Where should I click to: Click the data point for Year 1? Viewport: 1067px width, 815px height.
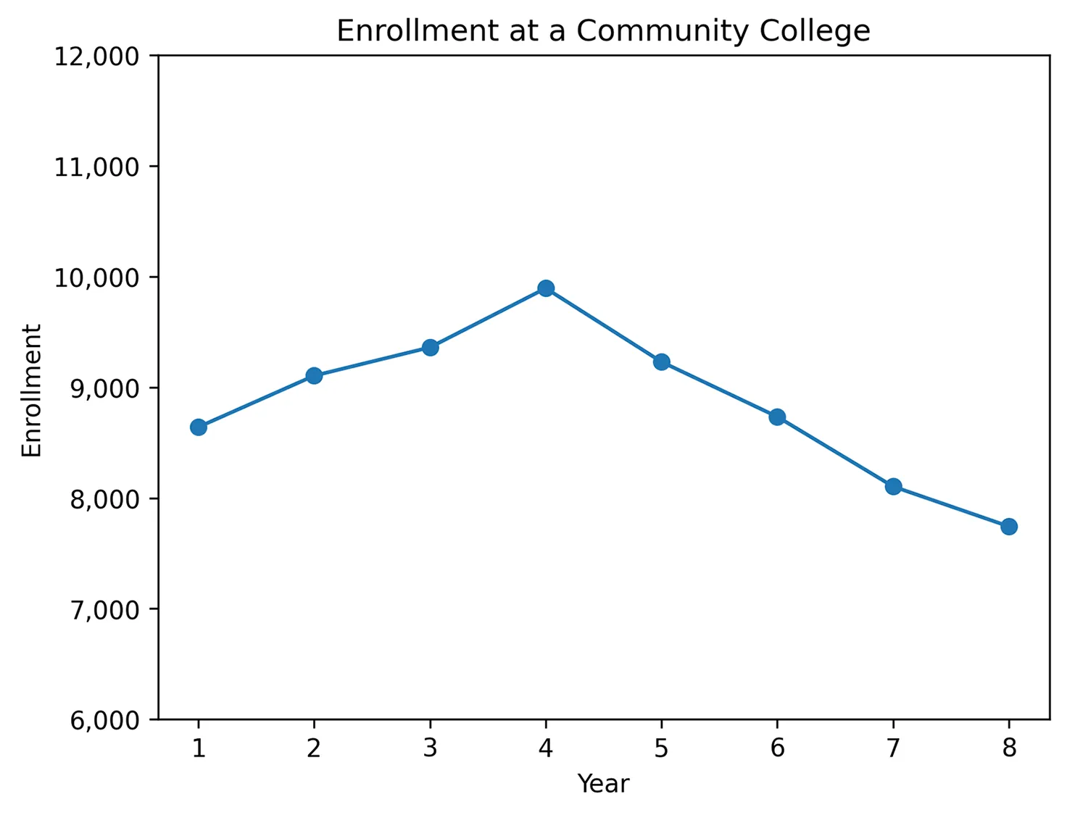199,427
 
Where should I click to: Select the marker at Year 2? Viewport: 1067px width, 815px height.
314,375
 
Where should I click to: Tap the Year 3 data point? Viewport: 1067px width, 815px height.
430,348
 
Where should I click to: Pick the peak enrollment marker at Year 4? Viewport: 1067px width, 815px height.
546,288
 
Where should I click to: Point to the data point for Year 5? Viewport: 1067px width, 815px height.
661,362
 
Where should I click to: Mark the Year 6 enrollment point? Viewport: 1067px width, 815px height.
777,417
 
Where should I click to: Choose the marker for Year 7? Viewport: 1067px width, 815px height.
893,486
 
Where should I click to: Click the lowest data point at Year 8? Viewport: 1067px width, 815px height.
1008,527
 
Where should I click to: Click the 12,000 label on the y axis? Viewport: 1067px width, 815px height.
96,56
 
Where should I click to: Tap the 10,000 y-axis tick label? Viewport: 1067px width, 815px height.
96,277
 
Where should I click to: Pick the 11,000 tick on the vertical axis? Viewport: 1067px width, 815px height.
96,167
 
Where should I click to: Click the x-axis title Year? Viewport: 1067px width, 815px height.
603,784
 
